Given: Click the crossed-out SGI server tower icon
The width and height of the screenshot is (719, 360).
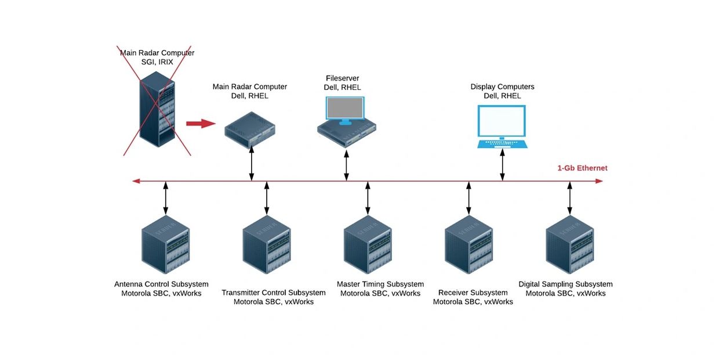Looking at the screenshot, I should click(x=157, y=109).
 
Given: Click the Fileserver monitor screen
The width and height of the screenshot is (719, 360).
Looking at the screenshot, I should click(x=345, y=109).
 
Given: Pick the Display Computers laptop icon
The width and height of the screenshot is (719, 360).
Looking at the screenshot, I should click(x=502, y=127).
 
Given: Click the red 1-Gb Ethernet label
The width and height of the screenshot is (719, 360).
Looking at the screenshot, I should click(x=582, y=168).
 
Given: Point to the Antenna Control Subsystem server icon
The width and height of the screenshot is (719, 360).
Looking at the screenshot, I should click(x=166, y=244).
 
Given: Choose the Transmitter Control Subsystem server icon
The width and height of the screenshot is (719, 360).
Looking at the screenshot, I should click(x=267, y=244).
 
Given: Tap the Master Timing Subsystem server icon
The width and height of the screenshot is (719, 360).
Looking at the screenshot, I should click(x=368, y=244).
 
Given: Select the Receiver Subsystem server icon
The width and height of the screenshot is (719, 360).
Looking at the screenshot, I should click(x=469, y=244).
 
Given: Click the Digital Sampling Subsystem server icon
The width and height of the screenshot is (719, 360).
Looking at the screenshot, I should click(x=569, y=244).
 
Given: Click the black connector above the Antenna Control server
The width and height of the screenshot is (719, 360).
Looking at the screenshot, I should click(x=166, y=198).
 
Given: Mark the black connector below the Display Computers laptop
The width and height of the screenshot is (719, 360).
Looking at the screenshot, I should click(x=502, y=165).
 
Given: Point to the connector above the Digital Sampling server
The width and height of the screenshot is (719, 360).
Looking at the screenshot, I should click(x=569, y=198).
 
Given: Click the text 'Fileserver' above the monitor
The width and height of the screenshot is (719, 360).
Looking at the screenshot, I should click(x=342, y=78).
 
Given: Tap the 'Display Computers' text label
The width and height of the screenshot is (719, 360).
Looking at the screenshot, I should click(x=502, y=87).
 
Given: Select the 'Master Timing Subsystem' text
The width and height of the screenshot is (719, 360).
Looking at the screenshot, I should click(x=380, y=285).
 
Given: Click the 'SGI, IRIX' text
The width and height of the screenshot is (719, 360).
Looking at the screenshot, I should click(x=157, y=62).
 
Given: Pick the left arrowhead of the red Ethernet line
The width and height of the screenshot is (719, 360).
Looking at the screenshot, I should click(x=136, y=181).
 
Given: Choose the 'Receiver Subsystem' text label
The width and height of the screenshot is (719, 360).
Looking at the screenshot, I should click(x=473, y=293).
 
